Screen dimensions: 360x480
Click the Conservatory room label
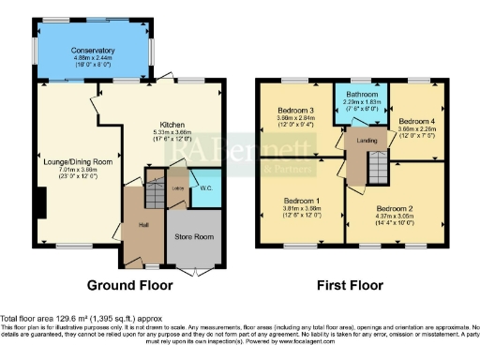pos(97,51)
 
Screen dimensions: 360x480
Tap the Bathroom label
pos(361,94)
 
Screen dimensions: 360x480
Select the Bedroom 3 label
pos(294,112)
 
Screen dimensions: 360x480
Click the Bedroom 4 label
pos(415,121)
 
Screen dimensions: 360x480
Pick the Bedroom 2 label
pos(394,208)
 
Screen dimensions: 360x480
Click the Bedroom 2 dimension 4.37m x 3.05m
pos(394,217)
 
